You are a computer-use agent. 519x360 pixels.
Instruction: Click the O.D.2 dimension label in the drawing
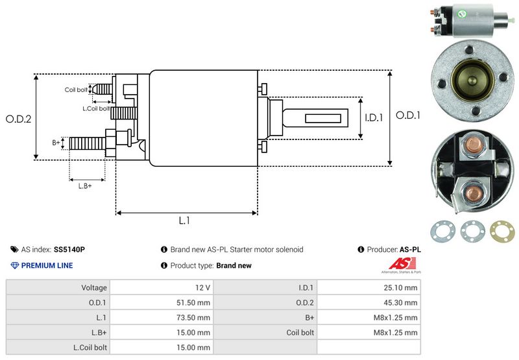tap(18, 119)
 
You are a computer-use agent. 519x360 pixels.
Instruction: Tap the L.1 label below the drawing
tap(184, 221)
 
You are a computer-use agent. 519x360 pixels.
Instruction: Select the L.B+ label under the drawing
tap(85, 186)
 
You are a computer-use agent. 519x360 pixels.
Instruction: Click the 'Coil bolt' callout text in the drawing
tap(76, 90)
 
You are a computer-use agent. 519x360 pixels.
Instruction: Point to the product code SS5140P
tap(69, 249)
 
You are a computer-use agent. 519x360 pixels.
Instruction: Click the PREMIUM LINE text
tap(47, 265)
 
